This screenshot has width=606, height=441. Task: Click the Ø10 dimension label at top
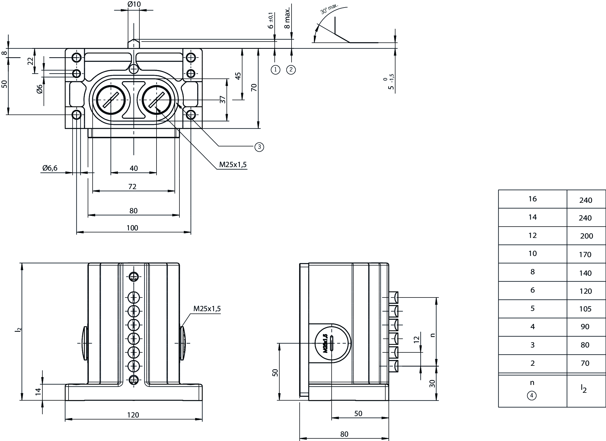click(x=134, y=4)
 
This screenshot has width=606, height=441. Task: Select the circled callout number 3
click(x=259, y=147)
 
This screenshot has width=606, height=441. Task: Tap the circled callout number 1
click(x=275, y=70)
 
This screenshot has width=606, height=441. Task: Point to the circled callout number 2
click(x=291, y=70)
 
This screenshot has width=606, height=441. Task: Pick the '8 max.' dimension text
click(x=287, y=18)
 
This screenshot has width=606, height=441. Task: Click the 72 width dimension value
click(x=132, y=187)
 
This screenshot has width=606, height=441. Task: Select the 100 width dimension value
click(x=132, y=228)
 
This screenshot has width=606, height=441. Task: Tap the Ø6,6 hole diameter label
click(x=50, y=168)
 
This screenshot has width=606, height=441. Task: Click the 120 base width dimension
click(x=133, y=415)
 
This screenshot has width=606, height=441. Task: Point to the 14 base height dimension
click(x=38, y=392)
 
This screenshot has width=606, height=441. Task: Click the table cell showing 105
click(x=585, y=309)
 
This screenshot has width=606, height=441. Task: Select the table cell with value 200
click(x=586, y=236)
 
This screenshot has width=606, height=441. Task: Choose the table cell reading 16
click(x=533, y=199)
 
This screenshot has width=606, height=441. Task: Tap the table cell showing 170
click(x=585, y=254)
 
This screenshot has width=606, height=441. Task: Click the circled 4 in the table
click(x=532, y=395)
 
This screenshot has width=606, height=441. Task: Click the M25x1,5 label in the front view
click(x=207, y=309)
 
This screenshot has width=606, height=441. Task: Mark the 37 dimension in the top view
click(x=223, y=100)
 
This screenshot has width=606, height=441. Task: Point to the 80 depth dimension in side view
click(x=344, y=434)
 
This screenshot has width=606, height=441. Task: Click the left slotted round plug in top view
click(x=111, y=100)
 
